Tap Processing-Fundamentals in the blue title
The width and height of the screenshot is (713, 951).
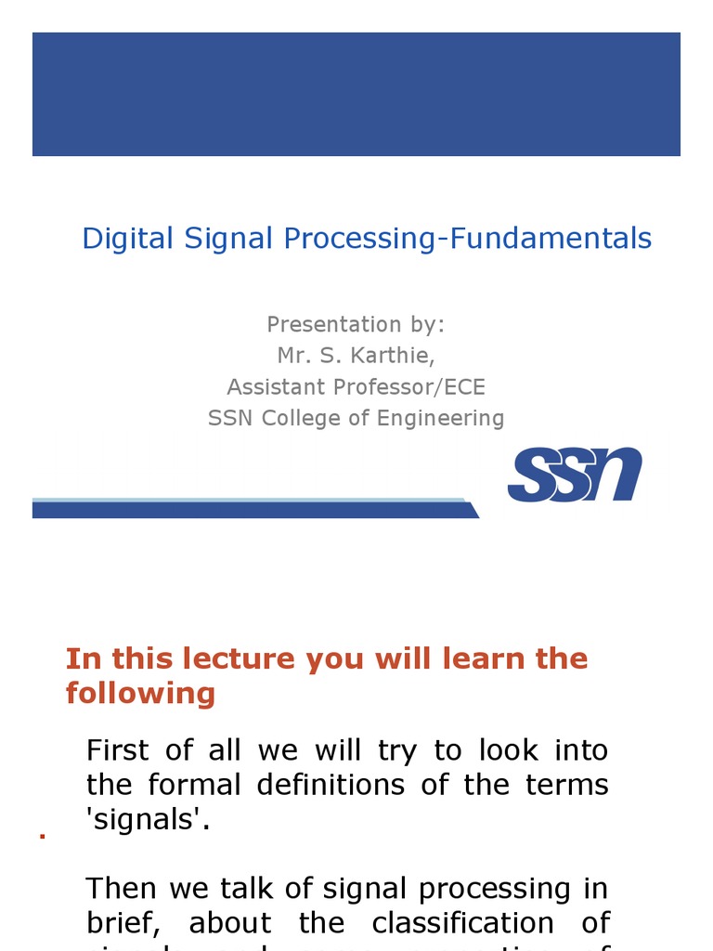click(x=467, y=239)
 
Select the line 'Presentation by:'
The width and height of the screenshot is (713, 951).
click(x=356, y=324)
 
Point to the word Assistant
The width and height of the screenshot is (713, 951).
click(x=271, y=386)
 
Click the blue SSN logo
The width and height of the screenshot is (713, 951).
click(x=575, y=475)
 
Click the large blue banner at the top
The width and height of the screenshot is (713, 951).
click(x=356, y=94)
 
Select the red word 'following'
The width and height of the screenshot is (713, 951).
click(x=140, y=693)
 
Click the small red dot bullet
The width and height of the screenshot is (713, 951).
click(x=43, y=837)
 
